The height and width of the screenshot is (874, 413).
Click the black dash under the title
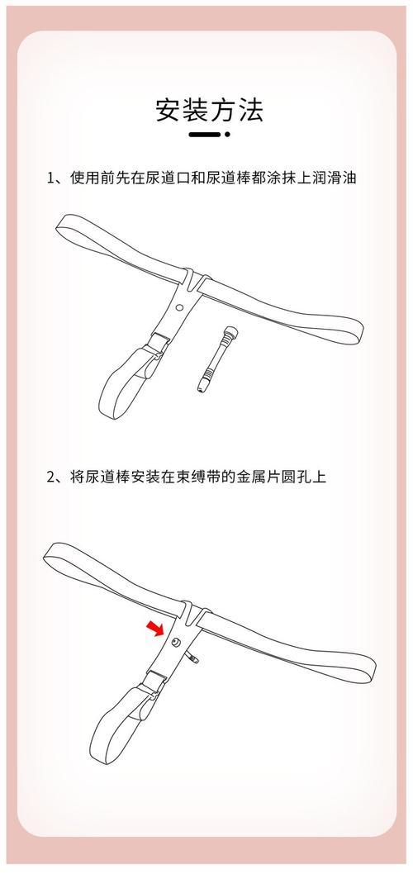click(x=206, y=135)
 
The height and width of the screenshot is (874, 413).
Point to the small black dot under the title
click(x=227, y=135)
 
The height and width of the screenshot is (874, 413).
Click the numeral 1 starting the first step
click(x=51, y=179)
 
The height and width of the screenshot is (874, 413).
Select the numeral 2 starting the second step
click(x=51, y=477)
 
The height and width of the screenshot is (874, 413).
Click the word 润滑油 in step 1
click(x=335, y=178)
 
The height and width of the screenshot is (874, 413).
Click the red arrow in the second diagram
click(x=155, y=628)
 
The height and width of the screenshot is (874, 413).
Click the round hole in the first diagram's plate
click(x=179, y=307)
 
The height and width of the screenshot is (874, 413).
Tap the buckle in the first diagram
click(x=157, y=344)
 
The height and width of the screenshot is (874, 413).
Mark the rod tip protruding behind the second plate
click(x=192, y=659)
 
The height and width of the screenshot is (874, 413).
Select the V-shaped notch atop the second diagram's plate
click(x=192, y=612)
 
